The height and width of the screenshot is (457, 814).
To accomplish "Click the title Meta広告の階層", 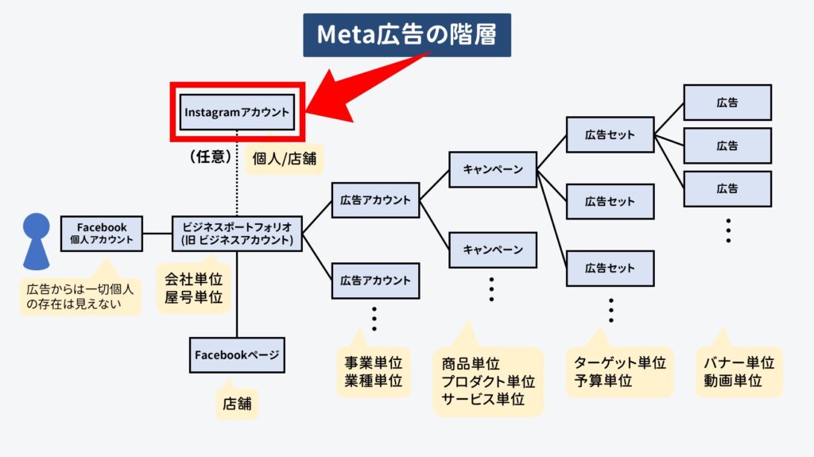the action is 407,35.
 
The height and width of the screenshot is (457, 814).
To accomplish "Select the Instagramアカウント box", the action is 237,112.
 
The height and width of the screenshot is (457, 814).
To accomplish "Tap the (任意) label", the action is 210,157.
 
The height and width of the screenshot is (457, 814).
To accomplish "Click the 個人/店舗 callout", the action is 284,158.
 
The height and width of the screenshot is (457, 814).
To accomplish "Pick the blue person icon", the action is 37,241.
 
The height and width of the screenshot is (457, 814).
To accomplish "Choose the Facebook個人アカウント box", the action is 102,234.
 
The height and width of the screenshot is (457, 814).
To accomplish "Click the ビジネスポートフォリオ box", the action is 237,234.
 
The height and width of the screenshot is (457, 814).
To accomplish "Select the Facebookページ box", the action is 237,355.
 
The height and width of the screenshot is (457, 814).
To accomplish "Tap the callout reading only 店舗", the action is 237,403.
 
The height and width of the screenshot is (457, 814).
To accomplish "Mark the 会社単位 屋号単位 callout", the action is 194,288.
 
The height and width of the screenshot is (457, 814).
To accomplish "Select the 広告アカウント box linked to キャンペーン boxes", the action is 375,200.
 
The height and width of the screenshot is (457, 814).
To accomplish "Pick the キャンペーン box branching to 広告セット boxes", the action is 493,169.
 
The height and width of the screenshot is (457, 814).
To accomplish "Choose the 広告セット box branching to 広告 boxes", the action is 610,134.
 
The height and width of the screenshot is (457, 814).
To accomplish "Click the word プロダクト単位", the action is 489,381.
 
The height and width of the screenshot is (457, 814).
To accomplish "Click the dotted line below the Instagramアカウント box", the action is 237,173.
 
